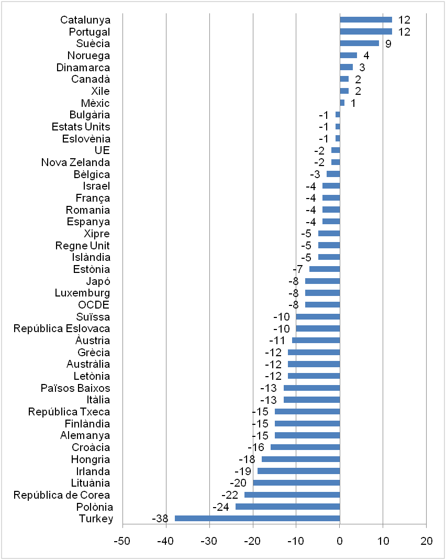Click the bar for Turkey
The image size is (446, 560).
257,519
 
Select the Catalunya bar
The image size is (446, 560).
365,20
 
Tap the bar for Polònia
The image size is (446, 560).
287,507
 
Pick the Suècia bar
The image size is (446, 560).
359,43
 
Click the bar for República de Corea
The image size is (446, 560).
292,495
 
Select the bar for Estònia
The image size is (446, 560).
324,269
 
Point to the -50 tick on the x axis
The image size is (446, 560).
122,541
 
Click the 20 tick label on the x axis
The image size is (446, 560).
426,541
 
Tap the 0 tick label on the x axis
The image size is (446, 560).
340,541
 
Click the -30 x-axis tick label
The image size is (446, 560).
209,541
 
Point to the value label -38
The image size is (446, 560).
160,519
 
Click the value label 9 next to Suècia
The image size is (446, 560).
388,44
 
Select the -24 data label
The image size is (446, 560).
220,507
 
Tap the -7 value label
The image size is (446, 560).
298,269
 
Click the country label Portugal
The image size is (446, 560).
90,32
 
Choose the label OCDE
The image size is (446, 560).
94,305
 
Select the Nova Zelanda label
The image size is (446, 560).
75,162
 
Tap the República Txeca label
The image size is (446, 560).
69,412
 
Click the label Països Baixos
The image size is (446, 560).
75,388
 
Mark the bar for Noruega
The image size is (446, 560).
348,56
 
